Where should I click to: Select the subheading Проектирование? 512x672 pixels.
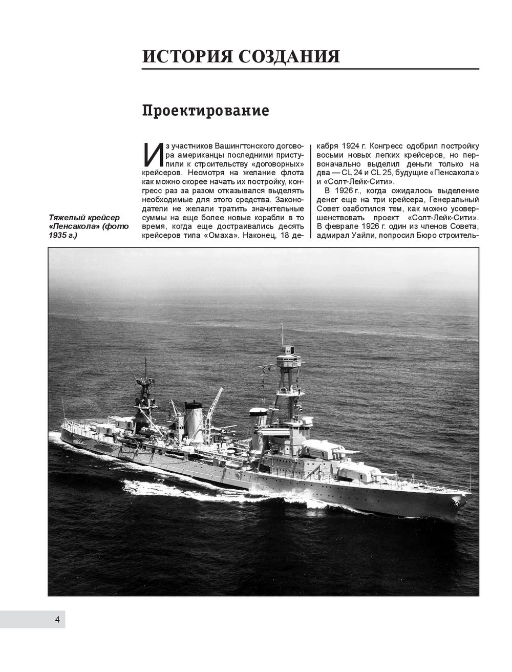click(x=205, y=111)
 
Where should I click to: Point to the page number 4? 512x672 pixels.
click(x=57, y=620)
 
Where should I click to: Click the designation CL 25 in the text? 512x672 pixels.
click(x=392, y=173)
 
